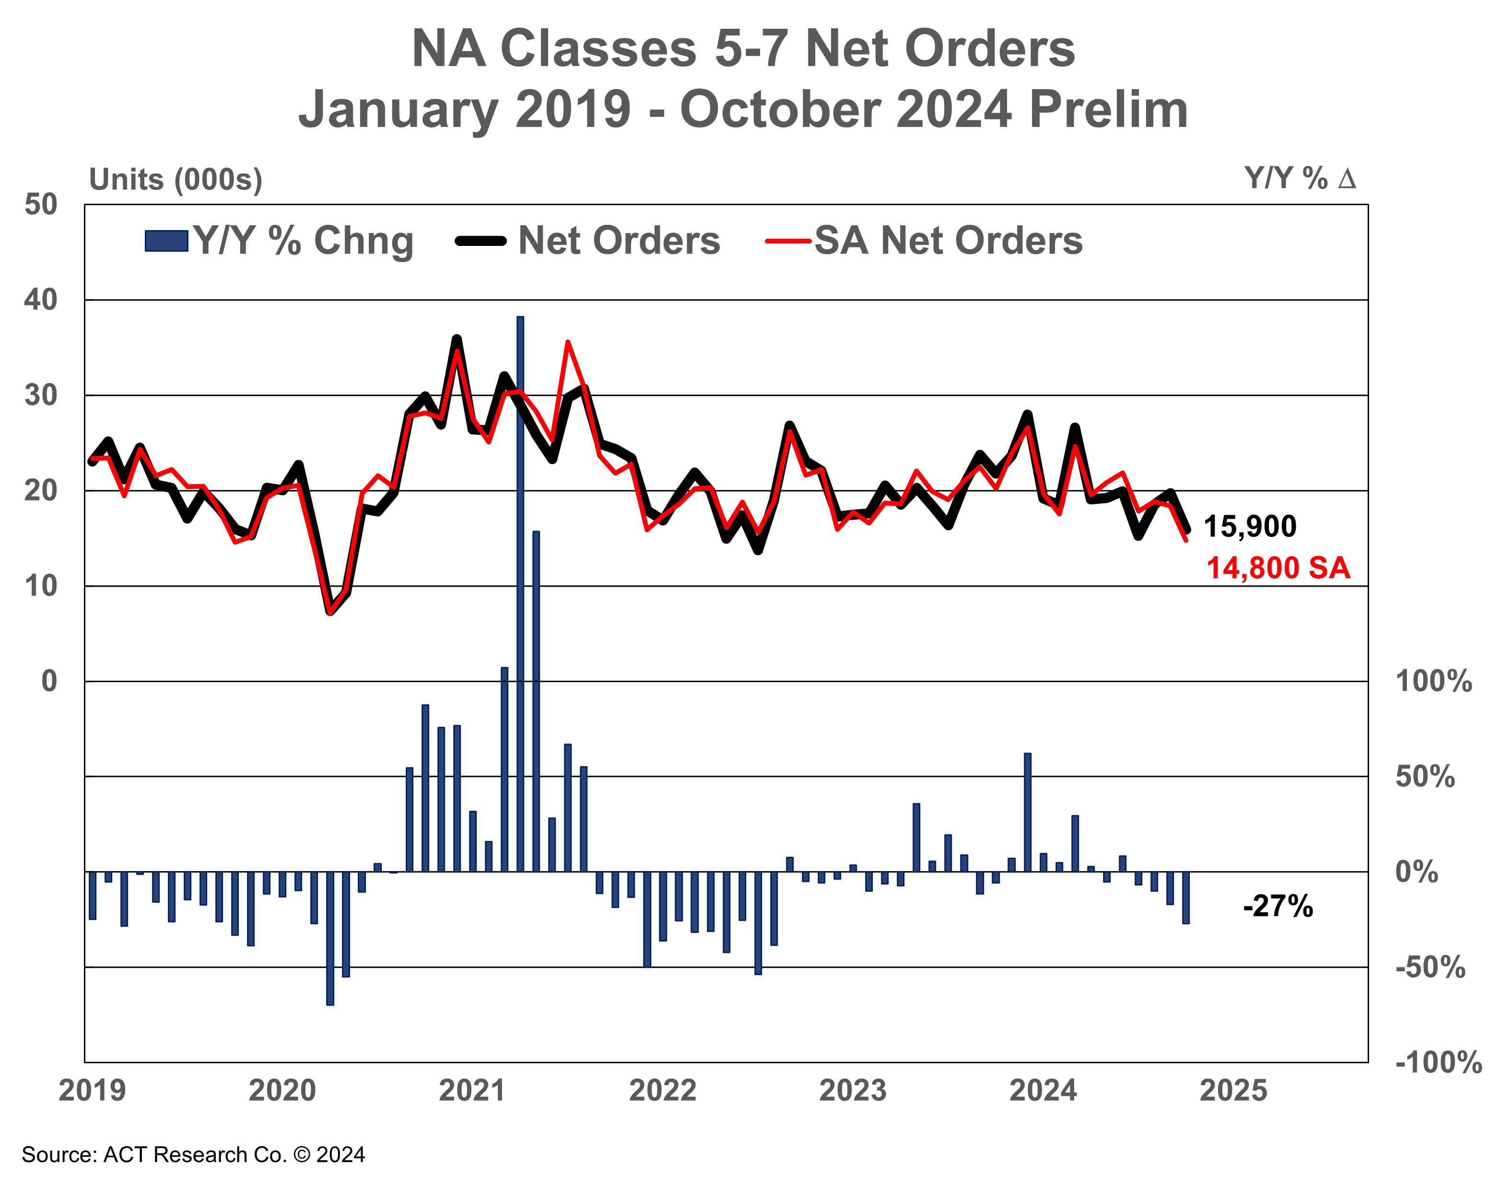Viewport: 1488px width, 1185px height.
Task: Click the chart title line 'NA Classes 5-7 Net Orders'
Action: (743, 50)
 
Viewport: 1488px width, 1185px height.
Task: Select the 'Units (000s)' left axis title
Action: (176, 180)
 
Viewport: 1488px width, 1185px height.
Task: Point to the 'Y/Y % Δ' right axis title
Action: (1300, 179)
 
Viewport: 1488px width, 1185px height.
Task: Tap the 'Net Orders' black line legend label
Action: (619, 241)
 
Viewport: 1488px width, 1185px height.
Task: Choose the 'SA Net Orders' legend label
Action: (949, 241)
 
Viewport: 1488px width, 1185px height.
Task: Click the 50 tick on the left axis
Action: (41, 205)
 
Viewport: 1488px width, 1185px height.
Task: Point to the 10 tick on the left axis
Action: (41, 586)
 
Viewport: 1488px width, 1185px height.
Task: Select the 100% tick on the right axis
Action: (1433, 682)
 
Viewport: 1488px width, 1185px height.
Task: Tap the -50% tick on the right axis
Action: (1430, 968)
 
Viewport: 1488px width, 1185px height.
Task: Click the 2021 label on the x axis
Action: (473, 1091)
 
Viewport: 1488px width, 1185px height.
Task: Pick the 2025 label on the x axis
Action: (1233, 1091)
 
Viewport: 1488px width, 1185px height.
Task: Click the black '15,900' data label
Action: (1250, 527)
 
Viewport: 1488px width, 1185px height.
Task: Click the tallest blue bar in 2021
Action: (520, 593)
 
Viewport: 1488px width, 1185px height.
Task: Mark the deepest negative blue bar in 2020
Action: (330, 938)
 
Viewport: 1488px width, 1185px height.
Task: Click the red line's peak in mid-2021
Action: (567, 343)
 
